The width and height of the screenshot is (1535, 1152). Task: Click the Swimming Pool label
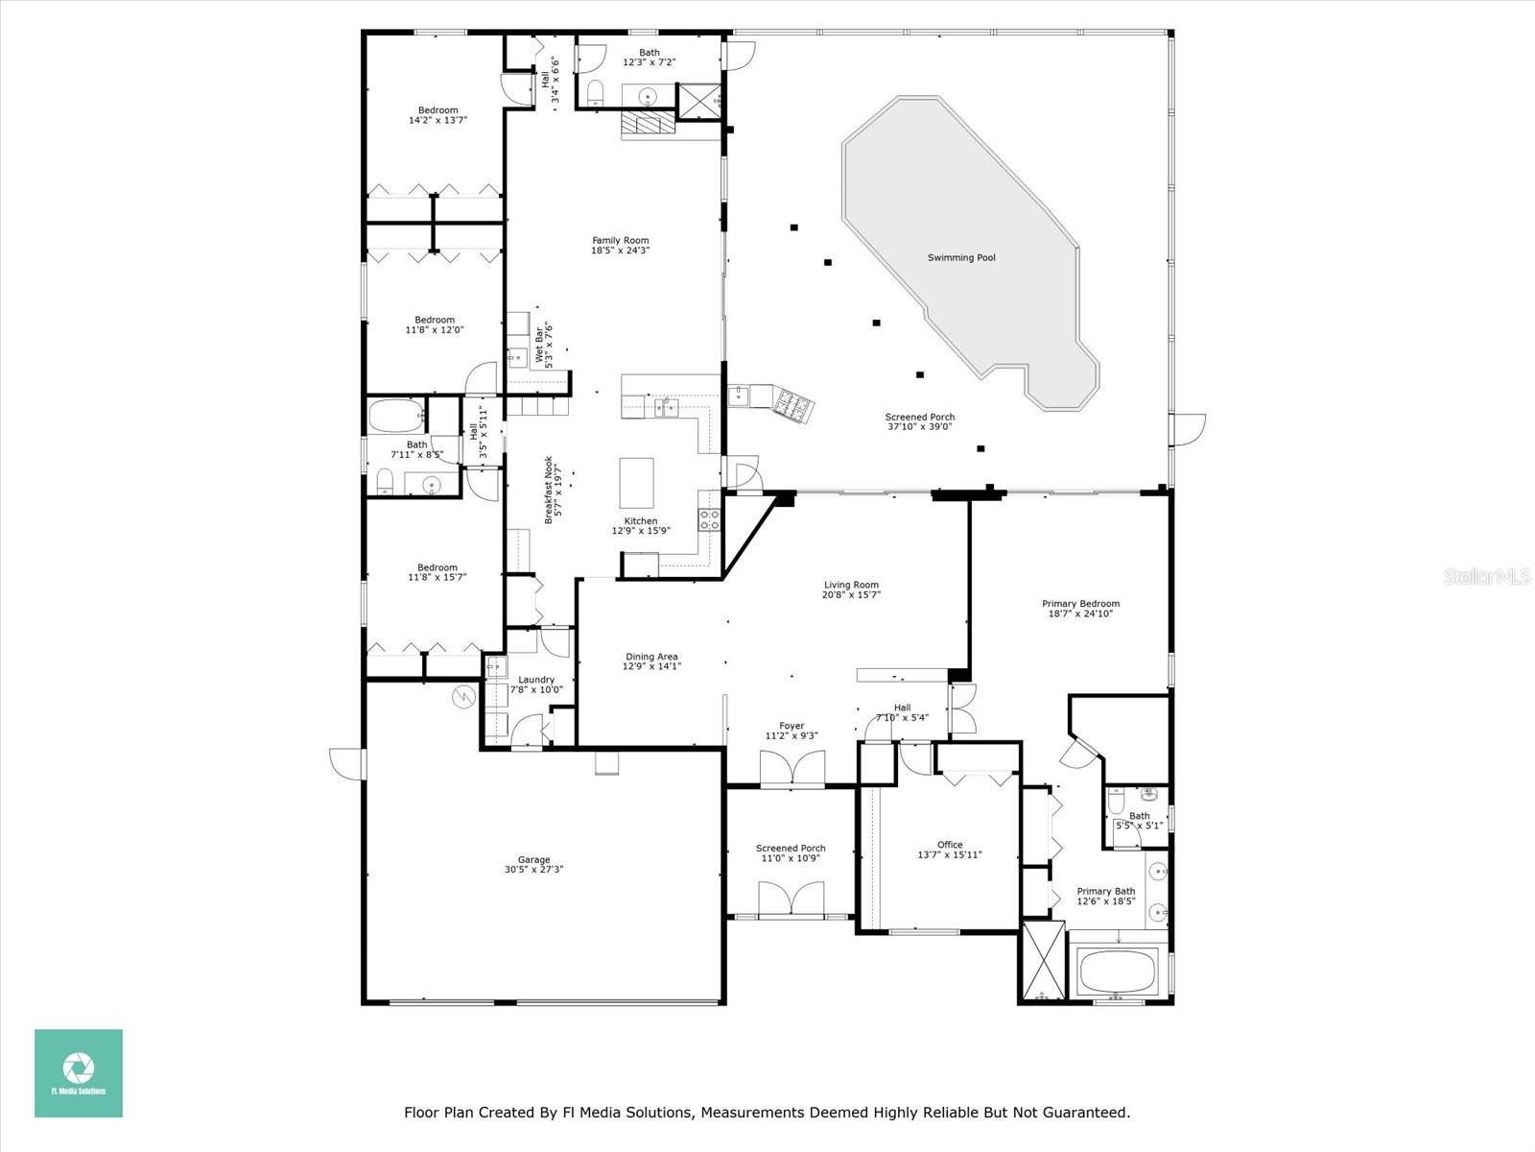point(961,257)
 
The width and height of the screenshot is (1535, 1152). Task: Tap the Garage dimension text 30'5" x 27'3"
point(533,870)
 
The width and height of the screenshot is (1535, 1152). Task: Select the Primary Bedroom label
point(1080,604)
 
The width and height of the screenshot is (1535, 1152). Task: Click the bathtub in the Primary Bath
point(1117,972)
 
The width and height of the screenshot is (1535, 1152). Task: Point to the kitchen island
point(636,482)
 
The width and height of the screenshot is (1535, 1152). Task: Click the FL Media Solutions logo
point(79,1073)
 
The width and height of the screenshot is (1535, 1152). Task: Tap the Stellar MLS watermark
point(1495,576)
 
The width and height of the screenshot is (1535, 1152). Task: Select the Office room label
point(950,845)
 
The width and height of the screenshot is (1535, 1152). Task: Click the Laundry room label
point(536,680)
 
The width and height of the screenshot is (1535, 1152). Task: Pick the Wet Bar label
point(539,346)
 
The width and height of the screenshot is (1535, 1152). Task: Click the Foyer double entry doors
point(792,770)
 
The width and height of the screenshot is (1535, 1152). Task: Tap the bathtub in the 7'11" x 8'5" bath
point(396,418)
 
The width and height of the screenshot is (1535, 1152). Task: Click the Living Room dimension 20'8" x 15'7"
point(851,595)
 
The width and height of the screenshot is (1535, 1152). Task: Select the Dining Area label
point(651,657)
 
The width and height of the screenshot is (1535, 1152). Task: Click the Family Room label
point(620,241)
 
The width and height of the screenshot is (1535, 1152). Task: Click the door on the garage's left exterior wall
point(348,764)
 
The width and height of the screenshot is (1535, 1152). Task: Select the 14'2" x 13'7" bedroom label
point(437,110)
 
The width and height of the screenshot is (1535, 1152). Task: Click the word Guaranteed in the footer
point(1087,1113)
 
